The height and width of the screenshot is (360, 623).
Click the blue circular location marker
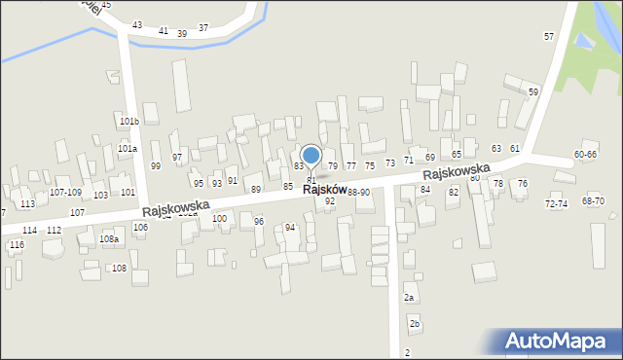[x=311, y=155]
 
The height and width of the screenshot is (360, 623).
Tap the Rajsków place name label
[x=324, y=190]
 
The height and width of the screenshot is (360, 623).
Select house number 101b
[x=129, y=122]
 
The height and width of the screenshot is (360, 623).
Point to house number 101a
[x=128, y=149]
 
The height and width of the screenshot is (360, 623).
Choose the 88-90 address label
[x=358, y=193]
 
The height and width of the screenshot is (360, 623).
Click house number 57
[x=549, y=36]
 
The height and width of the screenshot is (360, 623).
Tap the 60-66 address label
[x=586, y=155]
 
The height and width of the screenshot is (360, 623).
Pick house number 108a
[x=108, y=239]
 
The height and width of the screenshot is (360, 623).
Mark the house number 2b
[x=415, y=323]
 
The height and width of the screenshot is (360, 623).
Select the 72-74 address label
[x=556, y=204]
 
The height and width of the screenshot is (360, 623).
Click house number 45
[x=106, y=5]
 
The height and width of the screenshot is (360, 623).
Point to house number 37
[x=203, y=28]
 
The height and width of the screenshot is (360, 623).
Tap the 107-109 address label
[x=65, y=193]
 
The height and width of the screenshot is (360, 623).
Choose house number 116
[x=17, y=245]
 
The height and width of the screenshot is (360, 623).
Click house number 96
[x=259, y=222]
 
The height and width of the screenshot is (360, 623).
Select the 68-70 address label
[x=593, y=201]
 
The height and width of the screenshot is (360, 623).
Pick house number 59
[x=533, y=91]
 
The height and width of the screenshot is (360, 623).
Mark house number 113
[x=27, y=204]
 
